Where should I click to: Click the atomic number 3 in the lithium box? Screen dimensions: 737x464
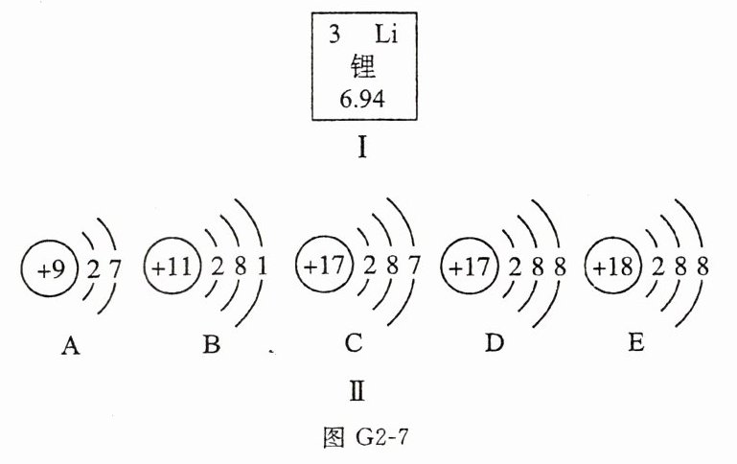click(334, 39)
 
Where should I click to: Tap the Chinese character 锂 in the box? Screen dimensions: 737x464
click(362, 68)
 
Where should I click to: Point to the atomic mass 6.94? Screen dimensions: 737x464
click(361, 98)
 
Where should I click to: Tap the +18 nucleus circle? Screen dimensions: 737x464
click(613, 267)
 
